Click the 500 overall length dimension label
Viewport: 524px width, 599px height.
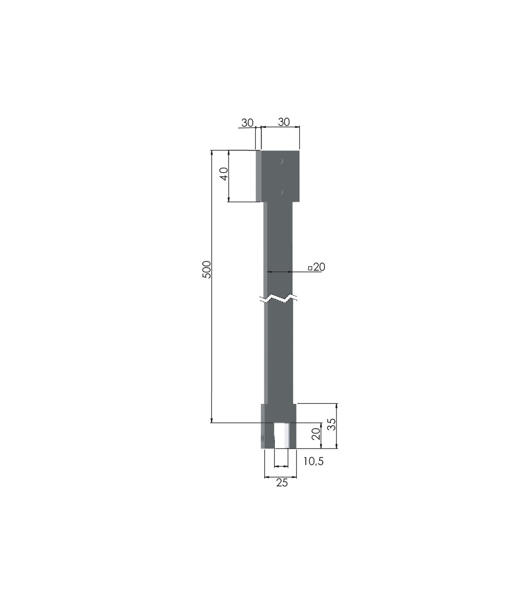(x=207, y=270)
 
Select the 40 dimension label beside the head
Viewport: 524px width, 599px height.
(x=224, y=174)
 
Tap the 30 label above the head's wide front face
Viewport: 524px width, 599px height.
(x=284, y=122)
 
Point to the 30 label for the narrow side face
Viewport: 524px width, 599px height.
(x=247, y=123)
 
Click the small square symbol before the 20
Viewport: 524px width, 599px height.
(x=310, y=268)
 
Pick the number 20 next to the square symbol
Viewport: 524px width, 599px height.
(x=319, y=267)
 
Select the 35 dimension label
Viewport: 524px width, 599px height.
(x=332, y=424)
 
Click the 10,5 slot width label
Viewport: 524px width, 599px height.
(x=313, y=461)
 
